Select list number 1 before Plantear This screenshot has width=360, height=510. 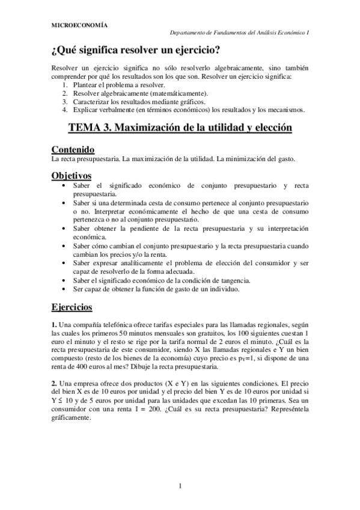tap(64, 85)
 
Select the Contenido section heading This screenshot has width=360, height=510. tap(73, 149)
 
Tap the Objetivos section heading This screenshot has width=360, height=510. tap(71, 175)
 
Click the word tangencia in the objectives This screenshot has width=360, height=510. tap(265, 280)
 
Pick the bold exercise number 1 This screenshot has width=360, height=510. tap(54, 325)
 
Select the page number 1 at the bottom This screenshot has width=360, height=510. tap(180, 485)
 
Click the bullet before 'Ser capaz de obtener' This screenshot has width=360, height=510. tap(64, 289)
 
